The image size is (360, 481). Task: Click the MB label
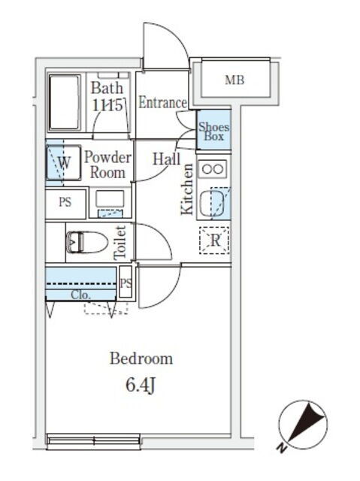coord(234,80)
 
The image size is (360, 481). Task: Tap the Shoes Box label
coord(213,132)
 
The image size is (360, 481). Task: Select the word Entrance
coord(162,102)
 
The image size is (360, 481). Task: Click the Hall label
coord(167,159)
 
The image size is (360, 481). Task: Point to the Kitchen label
coord(187,189)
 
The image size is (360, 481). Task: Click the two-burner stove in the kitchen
coord(213,169)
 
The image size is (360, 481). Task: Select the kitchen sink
coord(212,202)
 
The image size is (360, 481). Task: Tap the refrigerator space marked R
coord(214,240)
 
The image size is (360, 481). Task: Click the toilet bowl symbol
coord(86,242)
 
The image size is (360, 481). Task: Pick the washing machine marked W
coord(63,162)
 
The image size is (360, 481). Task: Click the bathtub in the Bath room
coord(65,103)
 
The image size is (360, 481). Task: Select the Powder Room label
coord(107,165)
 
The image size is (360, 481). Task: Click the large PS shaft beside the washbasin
coord(65,203)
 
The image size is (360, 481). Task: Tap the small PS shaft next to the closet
coord(126,283)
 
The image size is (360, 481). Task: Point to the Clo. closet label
coord(80,295)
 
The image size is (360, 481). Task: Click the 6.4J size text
coord(141,386)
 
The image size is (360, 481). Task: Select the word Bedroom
coord(141,358)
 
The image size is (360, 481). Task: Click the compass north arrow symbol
coord(303,425)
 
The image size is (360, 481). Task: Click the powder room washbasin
coord(110,202)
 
